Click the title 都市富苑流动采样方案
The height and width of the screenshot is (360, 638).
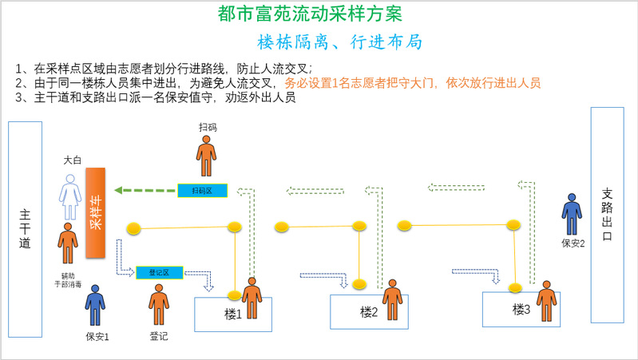tap(309, 14)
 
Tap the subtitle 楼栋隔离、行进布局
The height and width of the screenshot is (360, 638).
tap(340, 42)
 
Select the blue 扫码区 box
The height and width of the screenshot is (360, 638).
tap(202, 191)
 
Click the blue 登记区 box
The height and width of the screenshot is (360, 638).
tap(160, 272)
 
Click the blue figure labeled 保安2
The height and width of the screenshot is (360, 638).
tap(572, 214)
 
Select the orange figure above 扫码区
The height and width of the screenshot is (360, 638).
tap(207, 156)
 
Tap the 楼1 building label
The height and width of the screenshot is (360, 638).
tap(232, 315)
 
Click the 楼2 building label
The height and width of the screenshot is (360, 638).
tap(368, 311)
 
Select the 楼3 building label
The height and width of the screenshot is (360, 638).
tap(521, 309)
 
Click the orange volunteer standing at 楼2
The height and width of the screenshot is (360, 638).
tap(392, 300)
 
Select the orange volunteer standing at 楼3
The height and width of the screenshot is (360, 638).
tap(546, 300)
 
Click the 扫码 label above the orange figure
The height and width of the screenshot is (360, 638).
tap(208, 127)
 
